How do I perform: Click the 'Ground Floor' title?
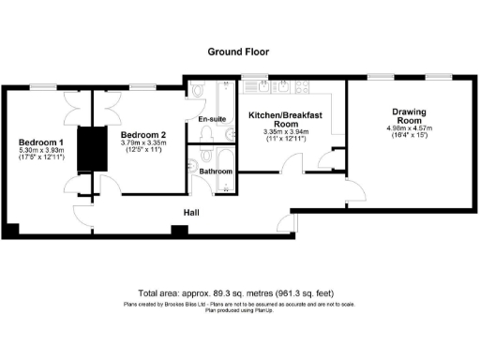[x=239, y=53]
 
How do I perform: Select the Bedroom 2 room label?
[x=144, y=134]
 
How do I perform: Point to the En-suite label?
[x=211, y=120]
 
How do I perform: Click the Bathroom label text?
[x=215, y=172]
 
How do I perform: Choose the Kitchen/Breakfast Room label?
[x=285, y=119]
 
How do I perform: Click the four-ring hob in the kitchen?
[x=285, y=90]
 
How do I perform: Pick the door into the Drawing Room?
[x=355, y=194]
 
